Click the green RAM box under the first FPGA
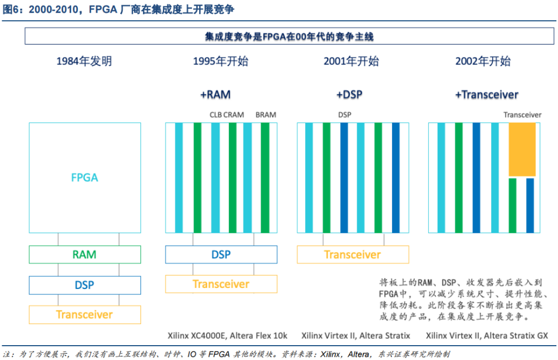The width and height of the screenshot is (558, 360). click(x=85, y=254)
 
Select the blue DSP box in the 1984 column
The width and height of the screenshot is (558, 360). click(x=85, y=285)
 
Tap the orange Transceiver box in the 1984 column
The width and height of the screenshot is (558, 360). click(x=85, y=315)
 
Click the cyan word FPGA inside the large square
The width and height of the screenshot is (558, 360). click(x=85, y=178)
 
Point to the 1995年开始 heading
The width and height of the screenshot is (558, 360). click(x=220, y=62)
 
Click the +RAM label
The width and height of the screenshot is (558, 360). click(x=215, y=95)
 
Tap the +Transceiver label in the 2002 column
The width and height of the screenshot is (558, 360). click(x=486, y=95)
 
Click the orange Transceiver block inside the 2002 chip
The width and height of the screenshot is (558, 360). click(x=522, y=150)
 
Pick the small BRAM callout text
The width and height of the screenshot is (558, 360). click(x=265, y=115)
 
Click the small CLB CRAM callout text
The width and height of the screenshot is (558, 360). click(x=227, y=115)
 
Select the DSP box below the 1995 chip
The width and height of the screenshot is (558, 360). click(x=221, y=254)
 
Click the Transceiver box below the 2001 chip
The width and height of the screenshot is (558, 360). click(x=352, y=254)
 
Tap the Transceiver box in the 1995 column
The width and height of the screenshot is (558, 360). click(x=221, y=284)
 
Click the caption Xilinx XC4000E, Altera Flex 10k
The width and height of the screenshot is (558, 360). click(x=227, y=336)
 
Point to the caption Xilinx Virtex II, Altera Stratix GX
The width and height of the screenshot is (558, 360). click(x=486, y=336)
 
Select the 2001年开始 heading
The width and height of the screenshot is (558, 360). click(x=351, y=62)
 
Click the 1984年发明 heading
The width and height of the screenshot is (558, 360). click(x=84, y=62)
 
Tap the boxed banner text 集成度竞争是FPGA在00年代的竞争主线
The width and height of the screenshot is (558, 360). click(x=289, y=37)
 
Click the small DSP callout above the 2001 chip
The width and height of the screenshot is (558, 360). click(x=344, y=115)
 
